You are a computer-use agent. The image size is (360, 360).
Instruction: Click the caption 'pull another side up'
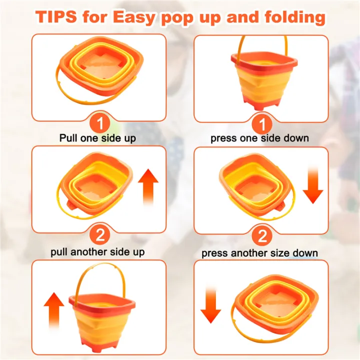pos(98,252)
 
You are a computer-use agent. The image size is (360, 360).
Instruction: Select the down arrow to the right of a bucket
pos(313,185)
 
